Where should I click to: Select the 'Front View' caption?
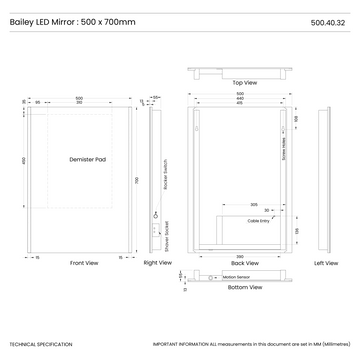(84, 263)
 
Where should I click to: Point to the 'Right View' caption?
(157, 263)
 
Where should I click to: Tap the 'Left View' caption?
(325, 263)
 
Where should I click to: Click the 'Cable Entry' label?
(259, 219)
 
